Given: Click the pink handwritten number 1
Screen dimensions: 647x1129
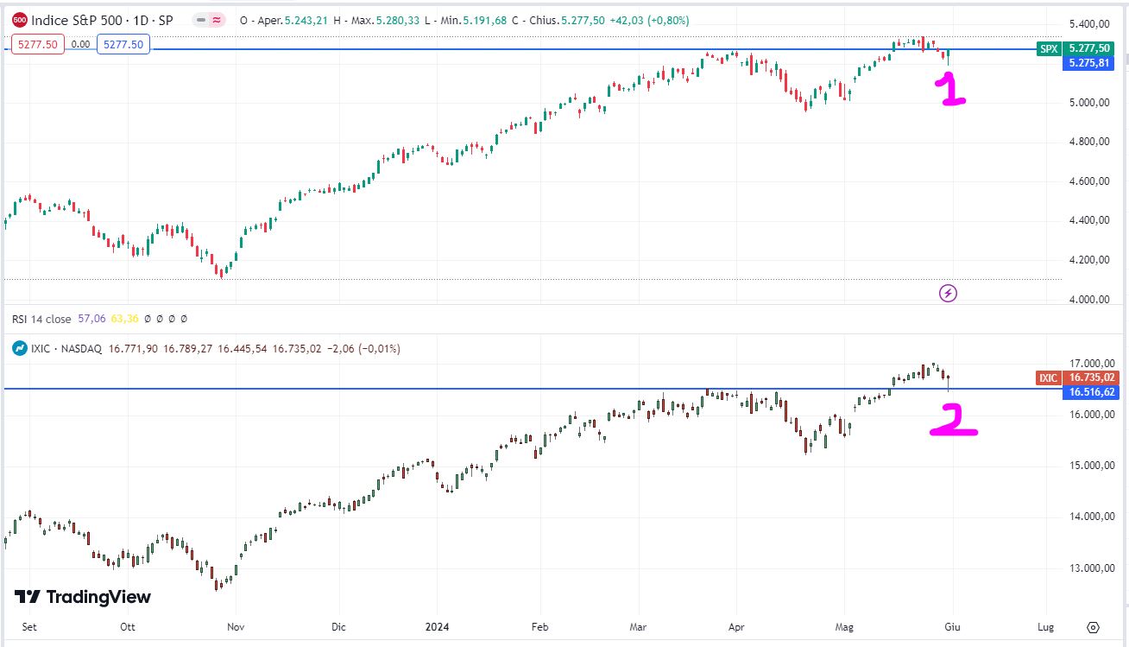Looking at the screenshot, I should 951,90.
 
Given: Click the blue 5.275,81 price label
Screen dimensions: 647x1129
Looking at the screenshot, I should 1088,63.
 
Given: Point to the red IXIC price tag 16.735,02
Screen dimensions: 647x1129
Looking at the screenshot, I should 1088,377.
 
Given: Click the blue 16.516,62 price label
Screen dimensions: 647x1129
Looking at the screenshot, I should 1088,392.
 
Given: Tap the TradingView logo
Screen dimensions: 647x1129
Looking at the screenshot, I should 83,597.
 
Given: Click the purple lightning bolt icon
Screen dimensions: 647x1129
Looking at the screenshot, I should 948,294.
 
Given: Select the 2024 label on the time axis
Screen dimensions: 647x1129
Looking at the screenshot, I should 437,627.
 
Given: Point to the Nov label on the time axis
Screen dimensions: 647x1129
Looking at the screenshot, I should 236,627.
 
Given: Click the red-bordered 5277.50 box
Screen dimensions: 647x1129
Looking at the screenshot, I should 38,44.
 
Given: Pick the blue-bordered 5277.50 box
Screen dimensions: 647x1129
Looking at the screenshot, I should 123,44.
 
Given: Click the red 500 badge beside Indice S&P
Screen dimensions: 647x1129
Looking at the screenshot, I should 20,20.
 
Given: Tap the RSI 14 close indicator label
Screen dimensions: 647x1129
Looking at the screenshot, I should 42,319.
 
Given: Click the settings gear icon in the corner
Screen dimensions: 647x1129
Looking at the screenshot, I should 1094,627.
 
